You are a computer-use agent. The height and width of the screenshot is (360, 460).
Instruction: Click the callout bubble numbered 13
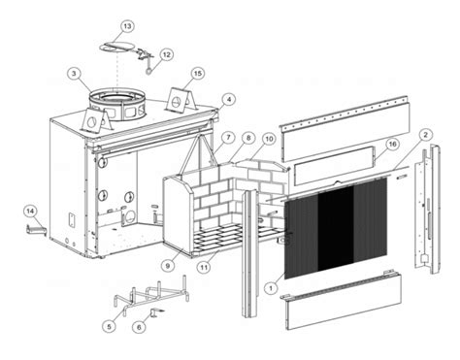point(127,26)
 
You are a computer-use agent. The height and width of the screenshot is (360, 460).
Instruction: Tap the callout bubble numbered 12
point(166,54)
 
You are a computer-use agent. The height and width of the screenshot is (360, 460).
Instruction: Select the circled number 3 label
point(74,74)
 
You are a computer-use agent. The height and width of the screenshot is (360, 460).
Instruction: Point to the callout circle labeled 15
point(198,74)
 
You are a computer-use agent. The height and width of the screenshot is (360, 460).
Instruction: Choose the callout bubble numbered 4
point(229,99)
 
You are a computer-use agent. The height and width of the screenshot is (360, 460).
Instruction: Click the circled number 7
point(228,138)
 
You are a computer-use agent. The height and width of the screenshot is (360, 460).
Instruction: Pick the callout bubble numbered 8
point(248,138)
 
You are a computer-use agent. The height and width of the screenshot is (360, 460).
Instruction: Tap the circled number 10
point(269,139)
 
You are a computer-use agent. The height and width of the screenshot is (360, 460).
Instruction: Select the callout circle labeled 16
point(392,144)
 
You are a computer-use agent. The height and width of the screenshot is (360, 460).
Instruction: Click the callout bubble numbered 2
point(425,134)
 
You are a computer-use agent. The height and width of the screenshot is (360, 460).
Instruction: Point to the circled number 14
point(30,212)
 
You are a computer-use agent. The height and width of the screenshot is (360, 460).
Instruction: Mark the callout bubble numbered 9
point(168,266)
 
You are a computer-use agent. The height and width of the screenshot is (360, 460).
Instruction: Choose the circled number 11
point(204,268)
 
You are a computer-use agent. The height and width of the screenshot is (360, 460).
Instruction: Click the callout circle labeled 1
point(271,287)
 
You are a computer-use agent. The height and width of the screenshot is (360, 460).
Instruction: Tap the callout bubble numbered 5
point(110,327)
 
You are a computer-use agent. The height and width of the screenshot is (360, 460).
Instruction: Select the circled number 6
point(139,327)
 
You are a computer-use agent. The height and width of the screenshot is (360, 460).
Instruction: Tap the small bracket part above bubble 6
point(157,312)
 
